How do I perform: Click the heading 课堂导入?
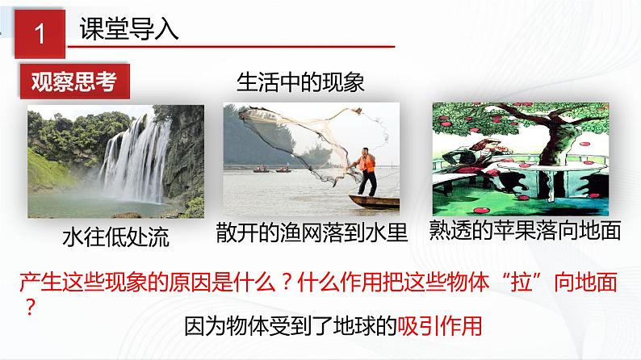130,31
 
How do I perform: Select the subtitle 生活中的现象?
301,82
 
